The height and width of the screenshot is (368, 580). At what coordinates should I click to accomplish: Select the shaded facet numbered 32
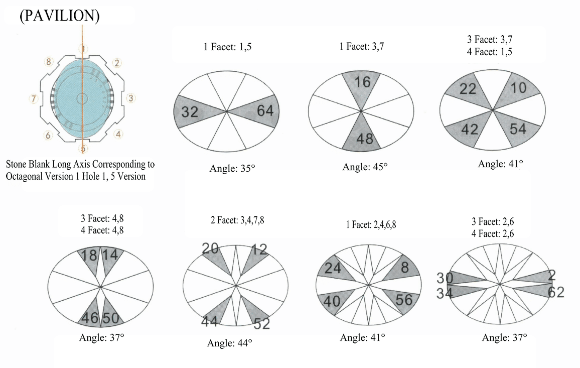pyautogui.click(x=191, y=112)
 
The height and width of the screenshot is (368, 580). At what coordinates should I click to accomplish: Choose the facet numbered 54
pyautogui.click(x=517, y=129)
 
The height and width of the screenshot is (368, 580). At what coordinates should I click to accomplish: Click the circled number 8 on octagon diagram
pyautogui.click(x=49, y=62)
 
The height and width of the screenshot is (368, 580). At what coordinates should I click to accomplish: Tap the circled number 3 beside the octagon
pyautogui.click(x=130, y=98)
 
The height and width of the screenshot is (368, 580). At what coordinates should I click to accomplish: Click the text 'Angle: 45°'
pyautogui.click(x=365, y=167)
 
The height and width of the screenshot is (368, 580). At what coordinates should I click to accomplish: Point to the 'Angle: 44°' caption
pyautogui.click(x=229, y=343)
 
